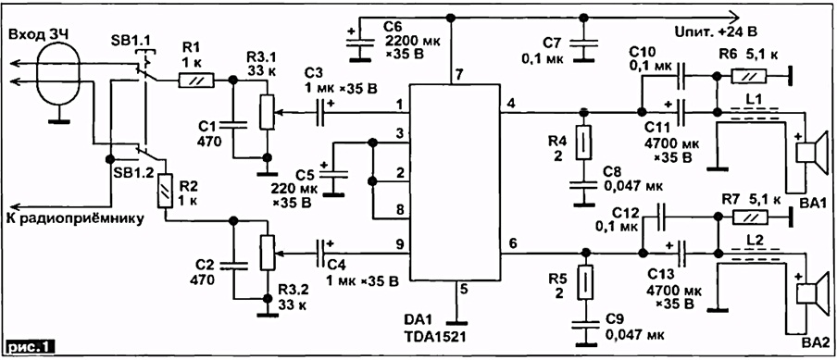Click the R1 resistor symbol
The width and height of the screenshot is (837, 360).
pyautogui.click(x=196, y=81)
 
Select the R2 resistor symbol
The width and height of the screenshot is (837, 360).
pyautogui.click(x=166, y=191)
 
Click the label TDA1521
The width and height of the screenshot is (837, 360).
pyautogui.click(x=431, y=338)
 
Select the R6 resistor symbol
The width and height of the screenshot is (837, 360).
pyautogui.click(x=749, y=77)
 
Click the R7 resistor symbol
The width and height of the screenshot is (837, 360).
pyautogui.click(x=749, y=217)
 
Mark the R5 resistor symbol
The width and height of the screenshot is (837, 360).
pyautogui.click(x=585, y=282)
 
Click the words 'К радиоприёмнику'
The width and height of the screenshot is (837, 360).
pyautogui.click(x=75, y=218)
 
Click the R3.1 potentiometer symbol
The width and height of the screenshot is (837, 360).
pyautogui.click(x=267, y=113)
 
